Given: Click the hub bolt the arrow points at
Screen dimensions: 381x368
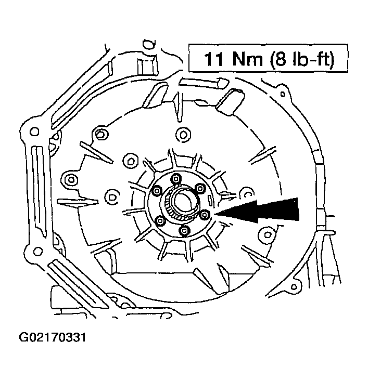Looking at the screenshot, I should coord(205,214).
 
